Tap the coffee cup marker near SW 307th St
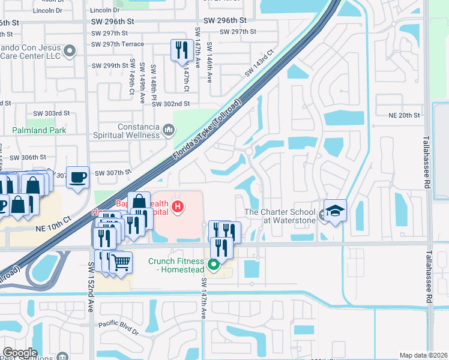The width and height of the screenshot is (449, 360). (77, 177)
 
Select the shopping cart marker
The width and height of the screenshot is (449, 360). (121, 262)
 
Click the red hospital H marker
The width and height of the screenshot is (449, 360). (177, 207)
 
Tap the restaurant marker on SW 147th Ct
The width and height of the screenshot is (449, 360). (181, 50)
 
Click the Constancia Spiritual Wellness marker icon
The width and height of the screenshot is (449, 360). (169, 130)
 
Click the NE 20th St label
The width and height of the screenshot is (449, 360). (403, 115)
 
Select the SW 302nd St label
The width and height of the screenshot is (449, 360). (170, 103)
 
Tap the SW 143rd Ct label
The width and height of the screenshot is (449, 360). (259, 62)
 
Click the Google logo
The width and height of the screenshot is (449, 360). (20, 353)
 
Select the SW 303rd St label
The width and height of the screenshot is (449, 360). (52, 113)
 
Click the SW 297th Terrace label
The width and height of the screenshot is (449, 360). (118, 44)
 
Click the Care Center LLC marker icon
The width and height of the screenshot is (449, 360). (70, 51)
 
